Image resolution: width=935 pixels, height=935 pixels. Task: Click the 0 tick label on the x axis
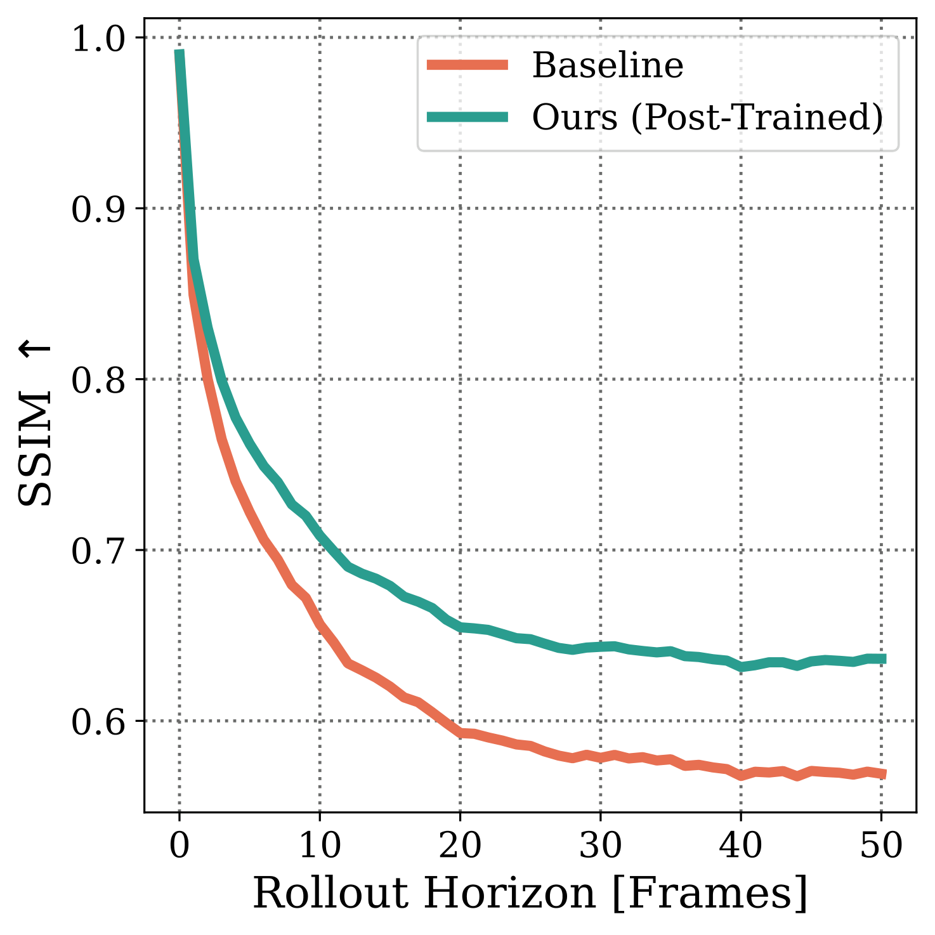[179, 846]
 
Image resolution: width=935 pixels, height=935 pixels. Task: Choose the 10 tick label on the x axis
[320, 846]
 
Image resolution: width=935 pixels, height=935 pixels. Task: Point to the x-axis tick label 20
[460, 846]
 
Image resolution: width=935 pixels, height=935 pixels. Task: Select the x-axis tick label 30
[600, 846]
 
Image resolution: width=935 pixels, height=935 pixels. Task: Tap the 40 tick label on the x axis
[740, 846]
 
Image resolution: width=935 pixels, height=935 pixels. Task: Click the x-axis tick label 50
[881, 846]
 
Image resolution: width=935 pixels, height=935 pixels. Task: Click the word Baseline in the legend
[608, 65]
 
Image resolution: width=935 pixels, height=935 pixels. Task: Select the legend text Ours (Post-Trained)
[707, 117]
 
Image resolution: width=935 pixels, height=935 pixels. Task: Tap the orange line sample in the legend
[468, 65]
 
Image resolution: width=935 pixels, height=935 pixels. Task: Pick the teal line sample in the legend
[468, 117]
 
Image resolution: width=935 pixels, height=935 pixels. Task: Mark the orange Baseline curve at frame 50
[882, 774]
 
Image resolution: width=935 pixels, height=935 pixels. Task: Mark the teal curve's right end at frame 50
[882, 659]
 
